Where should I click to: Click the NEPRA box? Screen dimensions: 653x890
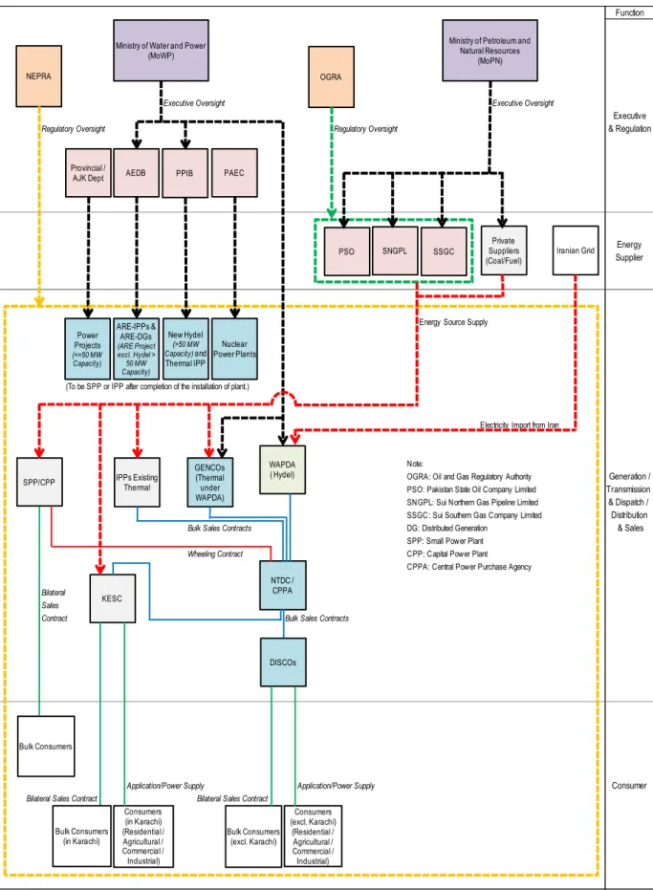38,76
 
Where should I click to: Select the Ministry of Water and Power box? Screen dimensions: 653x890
161,51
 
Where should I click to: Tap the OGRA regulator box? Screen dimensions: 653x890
331,76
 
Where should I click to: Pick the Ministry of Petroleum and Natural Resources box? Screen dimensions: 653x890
490,51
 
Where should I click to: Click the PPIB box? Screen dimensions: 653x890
185,173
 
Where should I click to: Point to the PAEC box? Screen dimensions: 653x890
234,173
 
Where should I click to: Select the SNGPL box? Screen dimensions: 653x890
395,250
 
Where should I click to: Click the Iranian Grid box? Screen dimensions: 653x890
576,250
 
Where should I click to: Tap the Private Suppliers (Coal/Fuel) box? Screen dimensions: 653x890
504,250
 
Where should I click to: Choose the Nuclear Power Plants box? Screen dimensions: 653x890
234,349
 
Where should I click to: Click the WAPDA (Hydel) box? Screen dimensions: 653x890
282,469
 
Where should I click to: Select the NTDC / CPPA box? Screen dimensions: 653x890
283,585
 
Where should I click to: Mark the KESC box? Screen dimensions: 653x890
113,598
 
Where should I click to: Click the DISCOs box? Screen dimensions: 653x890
283,662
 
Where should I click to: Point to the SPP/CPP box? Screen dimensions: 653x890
40,482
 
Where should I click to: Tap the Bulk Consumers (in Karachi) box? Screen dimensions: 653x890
82,836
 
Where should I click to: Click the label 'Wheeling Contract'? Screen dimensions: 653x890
215,554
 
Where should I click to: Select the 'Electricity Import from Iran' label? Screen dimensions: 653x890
519,425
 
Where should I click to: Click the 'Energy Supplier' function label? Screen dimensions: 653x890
629,250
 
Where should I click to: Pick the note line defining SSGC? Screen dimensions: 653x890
474,515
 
